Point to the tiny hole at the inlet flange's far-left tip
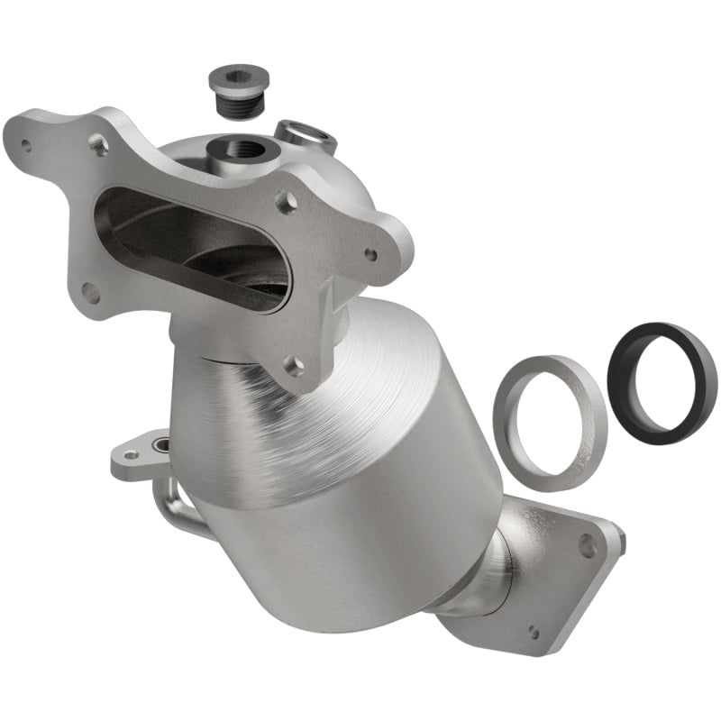(x=26, y=144)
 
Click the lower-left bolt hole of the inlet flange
(x=91, y=293)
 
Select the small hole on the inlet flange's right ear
(x=370, y=254)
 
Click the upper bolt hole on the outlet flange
(x=588, y=545)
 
